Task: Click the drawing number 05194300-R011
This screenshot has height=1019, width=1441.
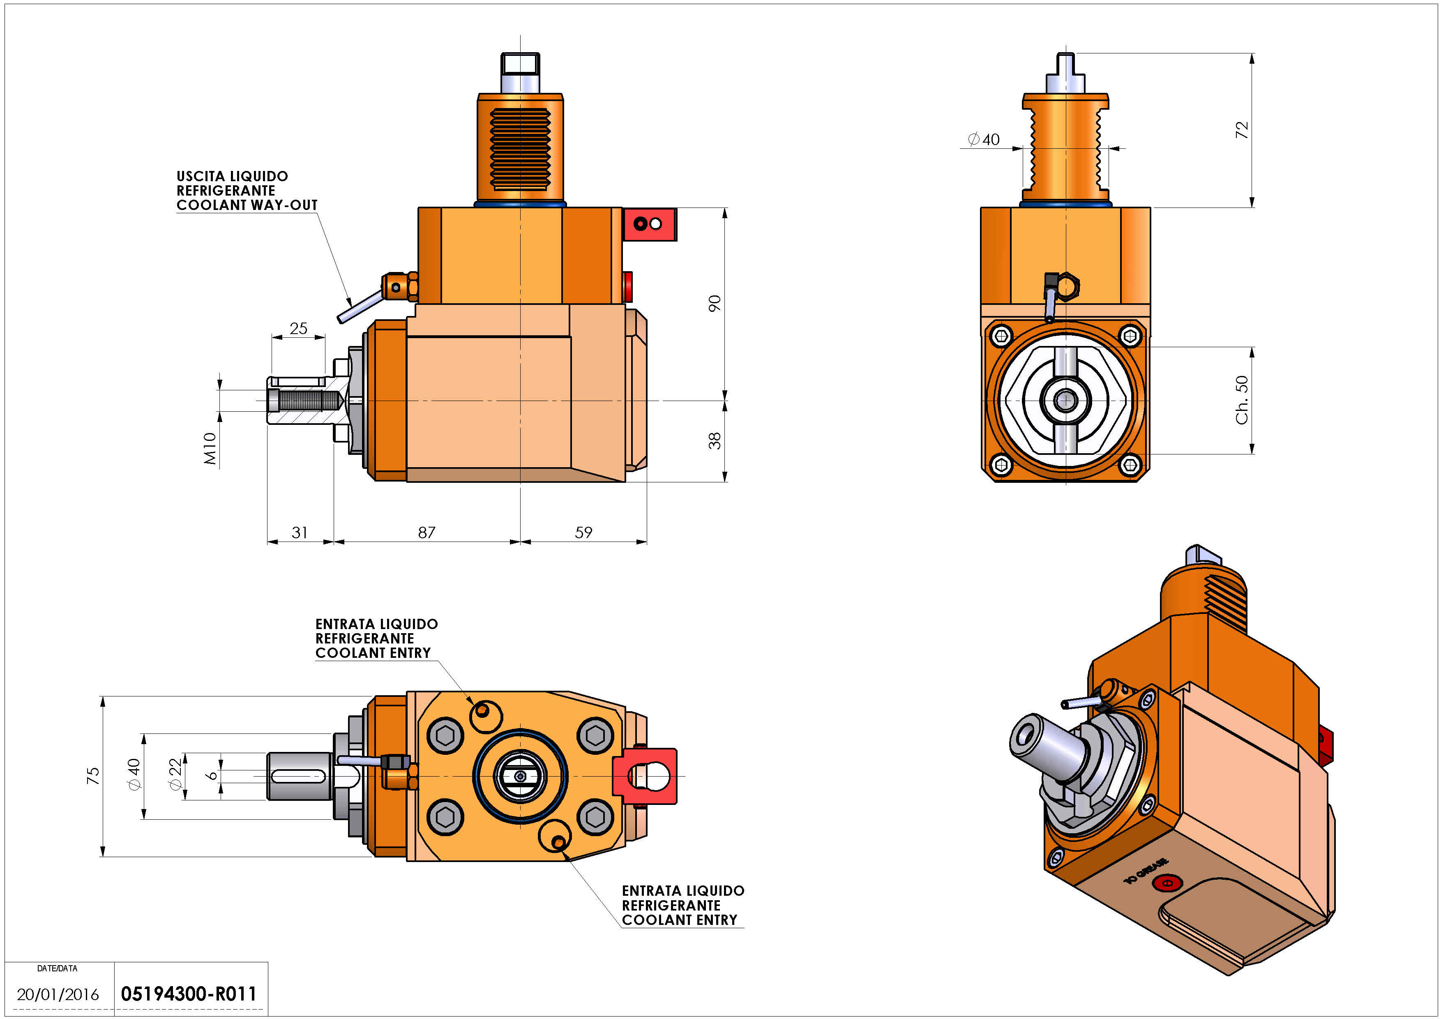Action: click(188, 994)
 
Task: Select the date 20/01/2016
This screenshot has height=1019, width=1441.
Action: click(58, 994)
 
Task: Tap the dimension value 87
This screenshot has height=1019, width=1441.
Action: click(427, 533)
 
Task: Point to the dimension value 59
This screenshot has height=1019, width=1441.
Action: click(584, 533)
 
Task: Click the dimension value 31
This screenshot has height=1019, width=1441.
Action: click(300, 533)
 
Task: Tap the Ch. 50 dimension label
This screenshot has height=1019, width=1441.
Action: click(1241, 400)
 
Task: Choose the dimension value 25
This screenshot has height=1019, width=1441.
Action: click(299, 328)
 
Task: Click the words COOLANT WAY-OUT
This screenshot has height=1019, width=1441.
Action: click(247, 205)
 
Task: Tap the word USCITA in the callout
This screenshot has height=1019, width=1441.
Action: click(198, 176)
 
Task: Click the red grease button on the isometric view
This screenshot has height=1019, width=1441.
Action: click(1167, 883)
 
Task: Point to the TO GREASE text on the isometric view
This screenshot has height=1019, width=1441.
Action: click(1146, 871)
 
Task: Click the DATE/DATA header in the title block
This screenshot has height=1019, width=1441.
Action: click(57, 968)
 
